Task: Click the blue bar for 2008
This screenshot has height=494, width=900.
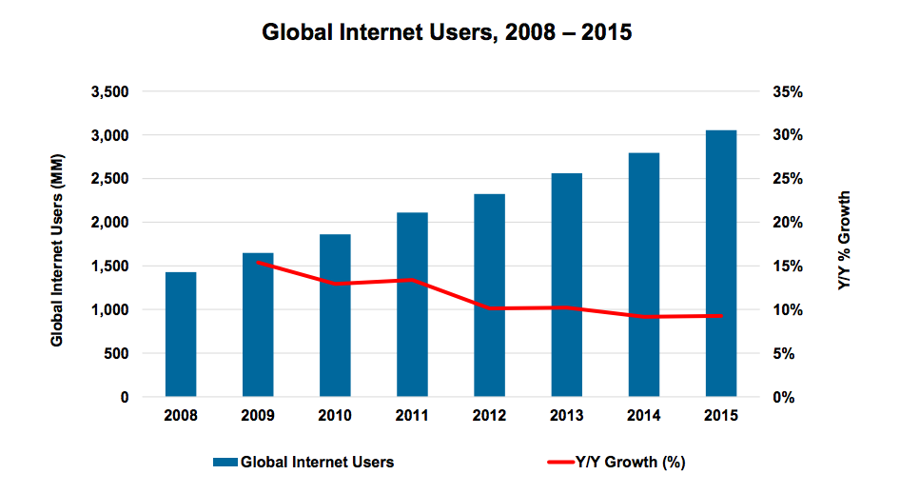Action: [x=181, y=334]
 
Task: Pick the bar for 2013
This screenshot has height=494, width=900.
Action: [x=566, y=285]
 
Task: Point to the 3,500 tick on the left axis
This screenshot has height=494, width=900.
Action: [x=111, y=92]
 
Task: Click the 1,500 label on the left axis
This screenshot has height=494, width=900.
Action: [x=111, y=267]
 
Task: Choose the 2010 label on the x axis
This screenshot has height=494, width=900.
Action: [x=335, y=416]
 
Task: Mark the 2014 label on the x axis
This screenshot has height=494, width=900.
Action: [x=643, y=416]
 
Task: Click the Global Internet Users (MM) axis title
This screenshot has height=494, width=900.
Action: [x=57, y=245]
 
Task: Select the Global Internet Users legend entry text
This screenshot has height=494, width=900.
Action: [x=318, y=463]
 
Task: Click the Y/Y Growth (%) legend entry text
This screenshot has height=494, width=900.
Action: [x=630, y=463]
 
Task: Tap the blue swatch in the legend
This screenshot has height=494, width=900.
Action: [x=225, y=463]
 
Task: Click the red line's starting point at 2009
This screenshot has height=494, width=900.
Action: [x=258, y=262]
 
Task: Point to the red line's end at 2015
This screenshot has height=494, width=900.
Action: [x=720, y=315]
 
